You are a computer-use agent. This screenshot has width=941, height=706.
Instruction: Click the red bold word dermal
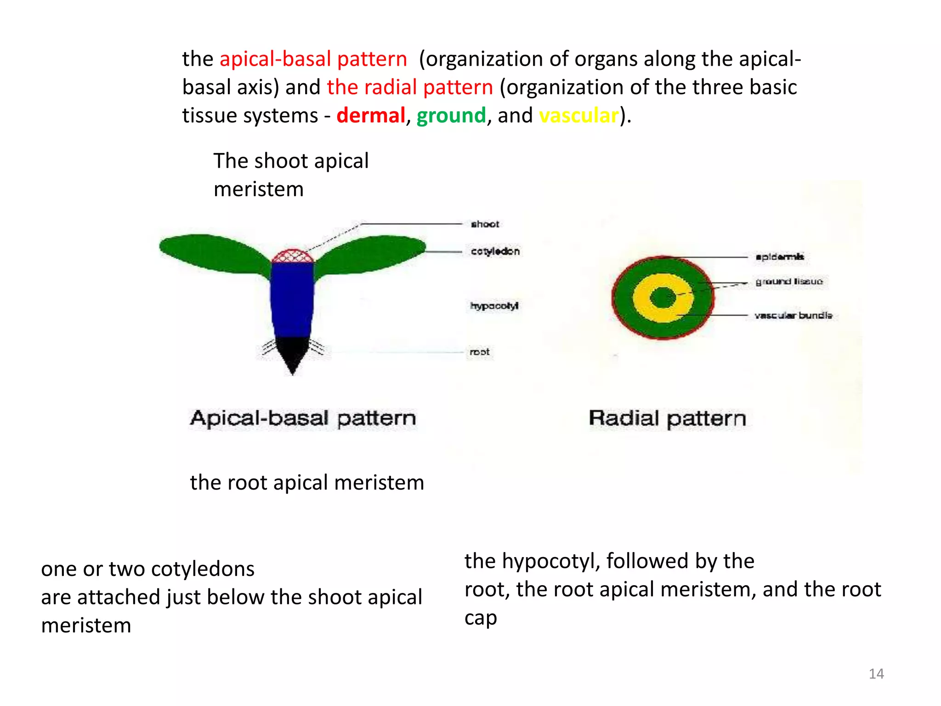370,115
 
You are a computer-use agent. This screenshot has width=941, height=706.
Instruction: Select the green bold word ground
451,115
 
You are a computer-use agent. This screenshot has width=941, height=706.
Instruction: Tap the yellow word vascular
578,115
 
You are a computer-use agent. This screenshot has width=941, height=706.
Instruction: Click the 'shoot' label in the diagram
485,224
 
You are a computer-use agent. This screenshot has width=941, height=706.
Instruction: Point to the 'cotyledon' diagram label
495,251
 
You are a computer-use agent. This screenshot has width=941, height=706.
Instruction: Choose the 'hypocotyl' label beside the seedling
494,306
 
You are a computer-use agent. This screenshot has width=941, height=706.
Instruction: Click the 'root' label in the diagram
479,352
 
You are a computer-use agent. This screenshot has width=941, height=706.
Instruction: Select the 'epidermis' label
780,256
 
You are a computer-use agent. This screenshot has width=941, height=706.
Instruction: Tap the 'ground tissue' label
789,281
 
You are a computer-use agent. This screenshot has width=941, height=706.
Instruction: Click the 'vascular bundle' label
793,315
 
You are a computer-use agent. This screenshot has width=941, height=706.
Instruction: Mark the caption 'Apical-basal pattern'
303,418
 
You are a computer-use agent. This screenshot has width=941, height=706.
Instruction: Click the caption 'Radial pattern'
667,418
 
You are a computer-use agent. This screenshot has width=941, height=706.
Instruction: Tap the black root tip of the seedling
292,352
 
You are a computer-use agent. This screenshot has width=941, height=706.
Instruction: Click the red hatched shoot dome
293,256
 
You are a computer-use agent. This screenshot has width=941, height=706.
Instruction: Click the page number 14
876,674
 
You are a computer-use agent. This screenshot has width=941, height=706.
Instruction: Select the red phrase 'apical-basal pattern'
313,59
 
